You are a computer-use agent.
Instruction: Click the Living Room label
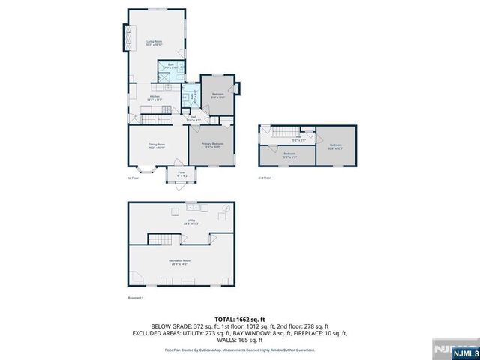(x=154, y=44)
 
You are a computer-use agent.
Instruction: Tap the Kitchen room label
(x=155, y=98)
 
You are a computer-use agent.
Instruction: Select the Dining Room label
(x=156, y=146)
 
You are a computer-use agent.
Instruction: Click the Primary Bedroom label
(x=212, y=145)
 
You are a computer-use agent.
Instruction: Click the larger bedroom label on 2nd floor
(x=335, y=146)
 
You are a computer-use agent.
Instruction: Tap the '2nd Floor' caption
(x=265, y=178)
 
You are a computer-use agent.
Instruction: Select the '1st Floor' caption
(x=133, y=178)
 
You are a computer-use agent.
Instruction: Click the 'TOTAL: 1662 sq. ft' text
(x=239, y=318)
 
